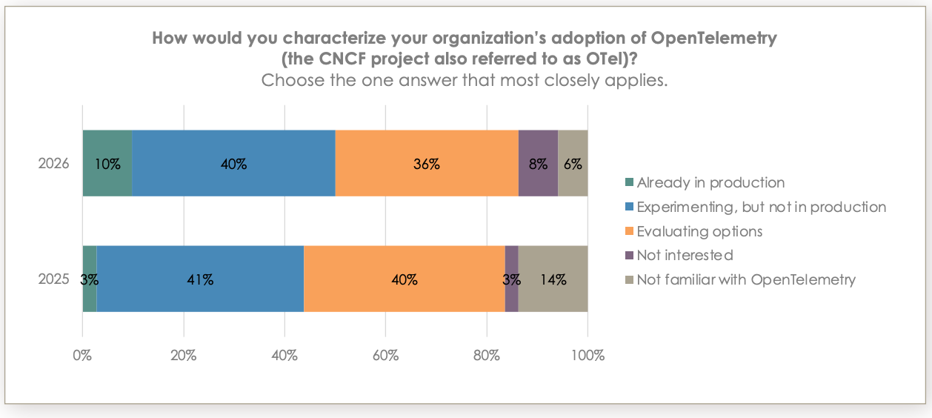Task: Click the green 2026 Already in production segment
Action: coord(107,164)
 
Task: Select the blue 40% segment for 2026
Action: coord(233,164)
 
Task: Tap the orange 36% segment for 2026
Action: coord(427,164)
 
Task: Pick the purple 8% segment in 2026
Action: coord(538,164)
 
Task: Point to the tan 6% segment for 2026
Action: coord(573,164)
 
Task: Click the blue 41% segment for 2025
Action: coord(200,279)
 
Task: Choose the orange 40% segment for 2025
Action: coord(405,279)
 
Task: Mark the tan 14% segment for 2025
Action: coord(553,279)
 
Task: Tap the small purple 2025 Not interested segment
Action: coord(511,279)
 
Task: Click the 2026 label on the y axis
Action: coord(53,164)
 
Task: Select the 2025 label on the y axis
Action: coord(53,279)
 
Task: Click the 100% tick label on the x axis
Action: coord(588,355)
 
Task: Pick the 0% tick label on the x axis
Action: coord(82,355)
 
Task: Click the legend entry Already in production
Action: coord(710,182)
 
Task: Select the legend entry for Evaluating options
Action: coord(699,231)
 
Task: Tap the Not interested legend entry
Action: coord(684,256)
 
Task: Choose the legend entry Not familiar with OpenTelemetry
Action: coord(745,280)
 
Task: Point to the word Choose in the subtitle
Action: coord(292,80)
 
